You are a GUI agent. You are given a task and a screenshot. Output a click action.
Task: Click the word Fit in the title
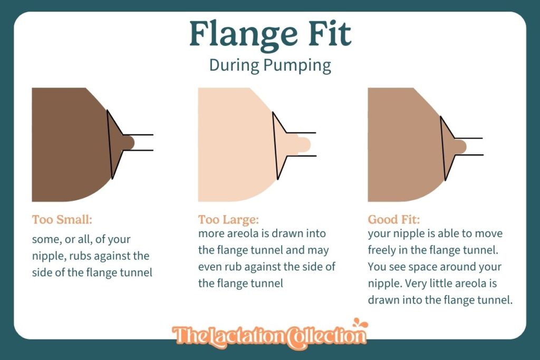(x=330, y=33)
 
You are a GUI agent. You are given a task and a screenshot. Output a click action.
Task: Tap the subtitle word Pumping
(x=298, y=66)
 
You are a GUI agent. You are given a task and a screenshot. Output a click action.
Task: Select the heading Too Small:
(x=62, y=219)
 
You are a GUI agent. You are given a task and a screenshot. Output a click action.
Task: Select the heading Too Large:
(x=228, y=219)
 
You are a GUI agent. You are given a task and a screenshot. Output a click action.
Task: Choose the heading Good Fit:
(x=394, y=219)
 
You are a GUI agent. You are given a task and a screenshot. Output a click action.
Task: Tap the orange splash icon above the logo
(x=360, y=324)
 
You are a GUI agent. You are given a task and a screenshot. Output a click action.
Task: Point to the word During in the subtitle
(x=234, y=65)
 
